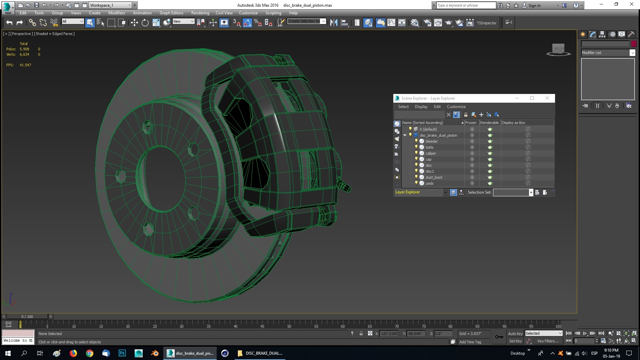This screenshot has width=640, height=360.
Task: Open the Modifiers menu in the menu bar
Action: pos(116,13)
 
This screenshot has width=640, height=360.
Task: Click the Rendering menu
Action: pos(200,13)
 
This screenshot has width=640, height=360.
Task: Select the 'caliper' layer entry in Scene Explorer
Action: pos(431,153)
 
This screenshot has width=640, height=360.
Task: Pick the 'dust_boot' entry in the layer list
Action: pos(434,177)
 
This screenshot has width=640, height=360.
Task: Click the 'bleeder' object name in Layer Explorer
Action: pos(431,141)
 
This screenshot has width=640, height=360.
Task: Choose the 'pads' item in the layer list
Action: pos(429,183)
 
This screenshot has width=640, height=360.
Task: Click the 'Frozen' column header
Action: pos(471,123)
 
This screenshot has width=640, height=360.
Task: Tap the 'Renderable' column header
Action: pos(489,123)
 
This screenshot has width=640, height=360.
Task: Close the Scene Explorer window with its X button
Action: pos(547,98)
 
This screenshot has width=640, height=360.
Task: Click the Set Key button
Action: pos(515,341)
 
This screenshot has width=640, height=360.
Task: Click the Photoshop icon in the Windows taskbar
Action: pos(122,353)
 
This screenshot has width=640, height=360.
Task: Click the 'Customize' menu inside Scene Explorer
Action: pos(456,107)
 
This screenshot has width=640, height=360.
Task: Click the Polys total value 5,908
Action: pos(24,49)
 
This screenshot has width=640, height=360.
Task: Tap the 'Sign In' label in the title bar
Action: pos(534,5)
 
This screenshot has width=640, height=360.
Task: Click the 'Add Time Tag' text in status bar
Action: pos(470,342)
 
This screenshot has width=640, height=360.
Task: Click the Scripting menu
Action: pos(273,13)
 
